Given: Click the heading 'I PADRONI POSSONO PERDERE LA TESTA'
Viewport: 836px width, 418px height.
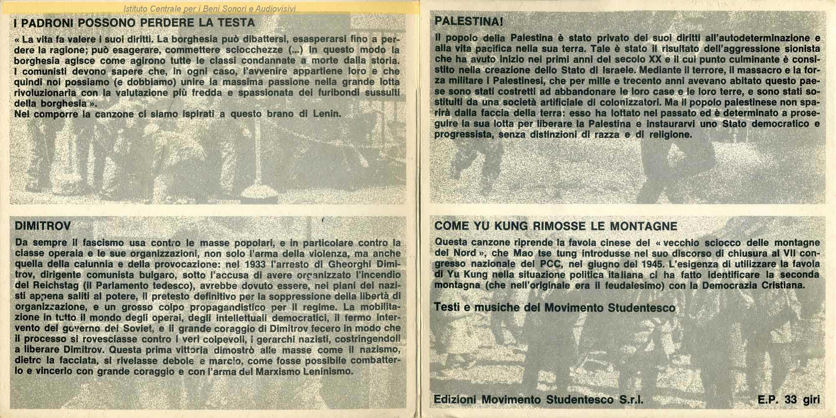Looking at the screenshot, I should click(134, 23).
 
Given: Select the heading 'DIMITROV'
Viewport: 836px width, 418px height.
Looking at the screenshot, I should click(43, 226).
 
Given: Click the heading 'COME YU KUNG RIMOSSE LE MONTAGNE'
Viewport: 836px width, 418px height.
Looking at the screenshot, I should click(556, 227).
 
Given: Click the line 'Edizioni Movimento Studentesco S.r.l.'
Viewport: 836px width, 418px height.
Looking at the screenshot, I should click(539, 400).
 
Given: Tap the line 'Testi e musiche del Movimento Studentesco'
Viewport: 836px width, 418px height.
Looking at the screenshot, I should click(555, 308).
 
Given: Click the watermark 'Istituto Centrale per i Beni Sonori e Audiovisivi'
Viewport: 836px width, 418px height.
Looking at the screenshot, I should click(210, 8).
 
